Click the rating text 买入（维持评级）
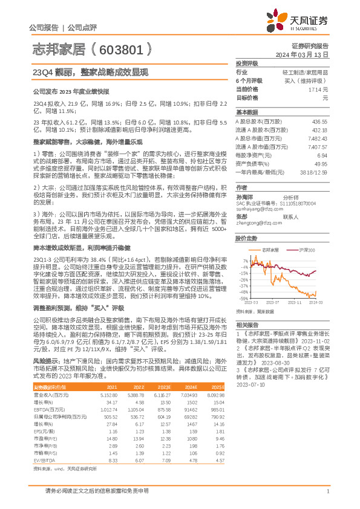click(x=309, y=80)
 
